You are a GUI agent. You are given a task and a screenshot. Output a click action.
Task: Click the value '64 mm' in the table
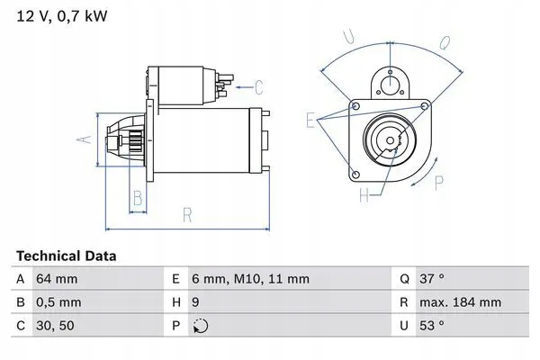(56, 280)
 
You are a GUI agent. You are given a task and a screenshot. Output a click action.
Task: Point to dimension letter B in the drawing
(138, 197)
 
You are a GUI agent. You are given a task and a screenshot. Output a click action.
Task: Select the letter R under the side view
(186, 215)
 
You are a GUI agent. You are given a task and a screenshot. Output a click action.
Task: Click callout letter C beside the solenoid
(258, 87)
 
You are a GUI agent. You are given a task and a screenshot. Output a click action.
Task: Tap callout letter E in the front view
(310, 120)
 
